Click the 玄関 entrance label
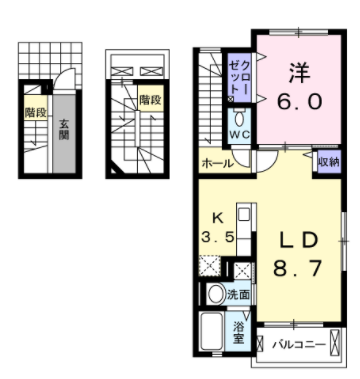(64, 130)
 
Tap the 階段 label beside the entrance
(35, 112)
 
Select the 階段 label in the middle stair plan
(150, 99)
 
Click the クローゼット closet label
(239, 78)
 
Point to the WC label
(239, 134)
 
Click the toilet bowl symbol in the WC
(239, 119)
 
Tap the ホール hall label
(216, 164)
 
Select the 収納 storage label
(328, 162)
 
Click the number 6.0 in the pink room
(300, 101)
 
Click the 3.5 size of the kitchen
(217, 238)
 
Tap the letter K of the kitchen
(217, 218)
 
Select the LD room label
(299, 240)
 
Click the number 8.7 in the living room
(297, 268)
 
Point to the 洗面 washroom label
(238, 294)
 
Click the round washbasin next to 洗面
(217, 294)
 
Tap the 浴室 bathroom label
(238, 333)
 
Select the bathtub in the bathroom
(212, 331)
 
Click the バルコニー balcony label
(299, 344)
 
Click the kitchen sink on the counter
(244, 214)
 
